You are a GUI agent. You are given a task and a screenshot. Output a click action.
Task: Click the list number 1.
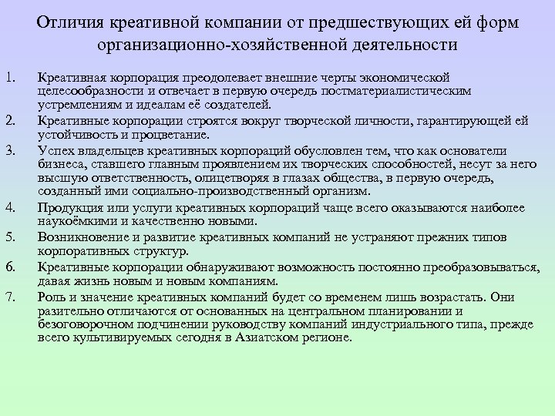(8, 78)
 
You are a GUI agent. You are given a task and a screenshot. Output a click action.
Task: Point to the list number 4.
(8, 207)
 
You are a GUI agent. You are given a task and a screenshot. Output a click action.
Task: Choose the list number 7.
(8, 295)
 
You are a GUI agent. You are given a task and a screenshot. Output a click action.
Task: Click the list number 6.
(8, 266)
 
